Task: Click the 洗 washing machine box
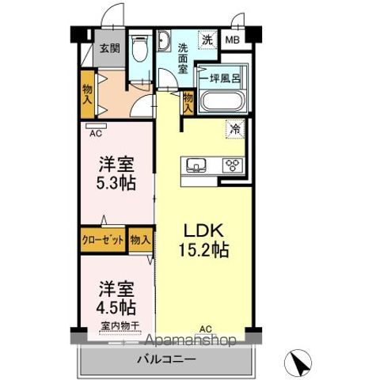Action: coord(207,40)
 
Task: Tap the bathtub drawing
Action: coord(223,102)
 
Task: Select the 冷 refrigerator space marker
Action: coord(235,127)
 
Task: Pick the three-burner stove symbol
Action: coord(232,165)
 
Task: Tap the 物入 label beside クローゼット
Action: coord(140,240)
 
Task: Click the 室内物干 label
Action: coord(120,326)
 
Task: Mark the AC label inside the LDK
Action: coord(205,328)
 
